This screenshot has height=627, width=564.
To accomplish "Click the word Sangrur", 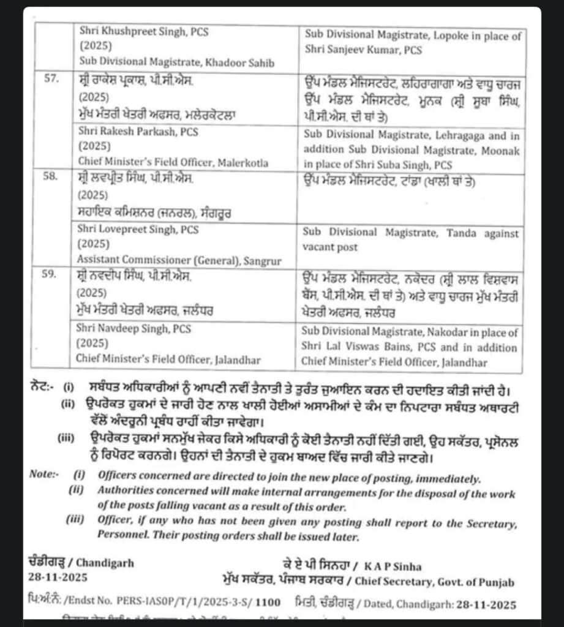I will [260, 261].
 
